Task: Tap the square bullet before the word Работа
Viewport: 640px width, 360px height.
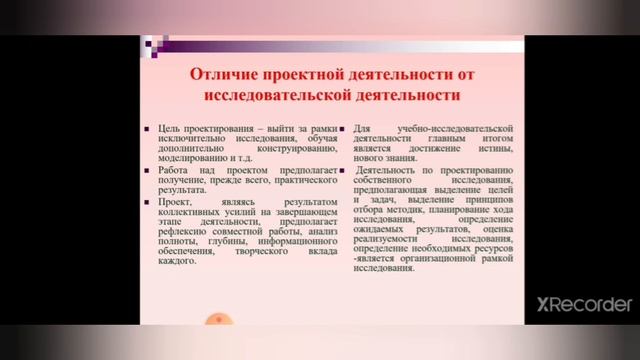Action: pyautogui.click(x=147, y=170)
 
